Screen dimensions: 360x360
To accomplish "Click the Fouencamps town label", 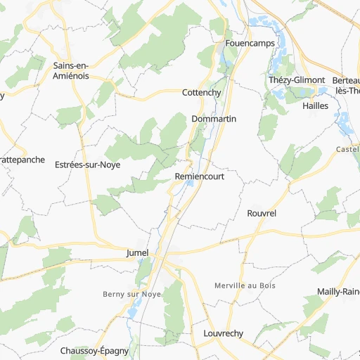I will click(x=248, y=43).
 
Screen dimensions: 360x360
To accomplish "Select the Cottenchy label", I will click(x=202, y=93).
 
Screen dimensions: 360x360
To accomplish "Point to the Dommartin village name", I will click(x=214, y=119).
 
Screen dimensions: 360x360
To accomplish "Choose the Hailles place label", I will click(x=315, y=105).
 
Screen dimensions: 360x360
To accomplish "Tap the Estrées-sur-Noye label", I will click(x=87, y=165).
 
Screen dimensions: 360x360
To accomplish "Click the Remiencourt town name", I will click(x=200, y=176).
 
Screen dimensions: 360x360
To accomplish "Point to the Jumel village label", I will click(x=137, y=252).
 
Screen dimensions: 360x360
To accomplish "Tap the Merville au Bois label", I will click(x=245, y=285).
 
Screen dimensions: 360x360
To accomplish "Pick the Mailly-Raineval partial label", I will click(x=338, y=291).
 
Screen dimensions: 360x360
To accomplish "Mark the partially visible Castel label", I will click(x=347, y=149).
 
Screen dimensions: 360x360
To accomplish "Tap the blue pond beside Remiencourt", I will click(x=190, y=186).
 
